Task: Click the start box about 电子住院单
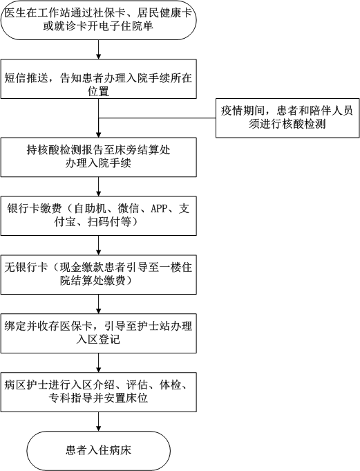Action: coord(98,20)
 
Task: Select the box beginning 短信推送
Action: coord(98,79)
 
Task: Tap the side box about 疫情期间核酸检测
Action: coord(287,118)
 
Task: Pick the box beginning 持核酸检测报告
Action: coord(98,157)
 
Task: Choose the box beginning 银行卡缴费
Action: coord(98,216)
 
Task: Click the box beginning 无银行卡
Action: coord(98,275)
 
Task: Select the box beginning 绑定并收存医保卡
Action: coord(98,333)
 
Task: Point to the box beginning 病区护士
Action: coord(98,392)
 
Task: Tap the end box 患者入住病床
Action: coord(98,451)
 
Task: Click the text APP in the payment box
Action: coord(159,208)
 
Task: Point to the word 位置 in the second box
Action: coord(98,91)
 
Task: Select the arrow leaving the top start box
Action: coord(98,50)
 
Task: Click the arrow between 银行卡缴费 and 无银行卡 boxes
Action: coord(98,246)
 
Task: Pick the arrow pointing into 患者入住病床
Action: coord(98,422)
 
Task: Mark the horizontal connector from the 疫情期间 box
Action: coord(158,118)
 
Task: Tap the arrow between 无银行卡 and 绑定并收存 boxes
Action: coord(98,304)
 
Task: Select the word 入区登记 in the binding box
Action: coord(98,340)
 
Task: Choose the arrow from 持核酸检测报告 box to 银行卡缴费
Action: coord(98,187)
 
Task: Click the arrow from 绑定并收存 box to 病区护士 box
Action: coord(98,363)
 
